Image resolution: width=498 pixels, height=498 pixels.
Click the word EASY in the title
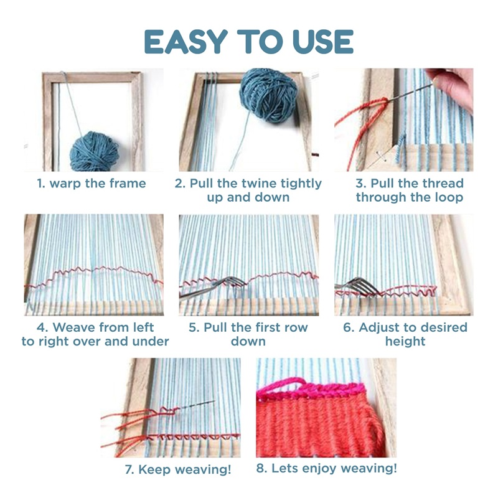click(x=186, y=42)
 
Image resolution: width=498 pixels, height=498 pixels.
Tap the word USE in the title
click(x=322, y=42)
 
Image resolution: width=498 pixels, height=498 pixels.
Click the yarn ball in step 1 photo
click(x=94, y=151)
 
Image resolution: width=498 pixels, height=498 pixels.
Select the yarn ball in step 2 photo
click(x=268, y=96)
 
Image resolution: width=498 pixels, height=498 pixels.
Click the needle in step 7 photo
click(x=197, y=405)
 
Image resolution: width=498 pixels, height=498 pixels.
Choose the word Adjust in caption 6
click(x=377, y=327)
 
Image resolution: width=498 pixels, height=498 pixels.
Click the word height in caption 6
click(x=405, y=341)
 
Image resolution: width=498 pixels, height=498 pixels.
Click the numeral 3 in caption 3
click(x=360, y=183)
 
